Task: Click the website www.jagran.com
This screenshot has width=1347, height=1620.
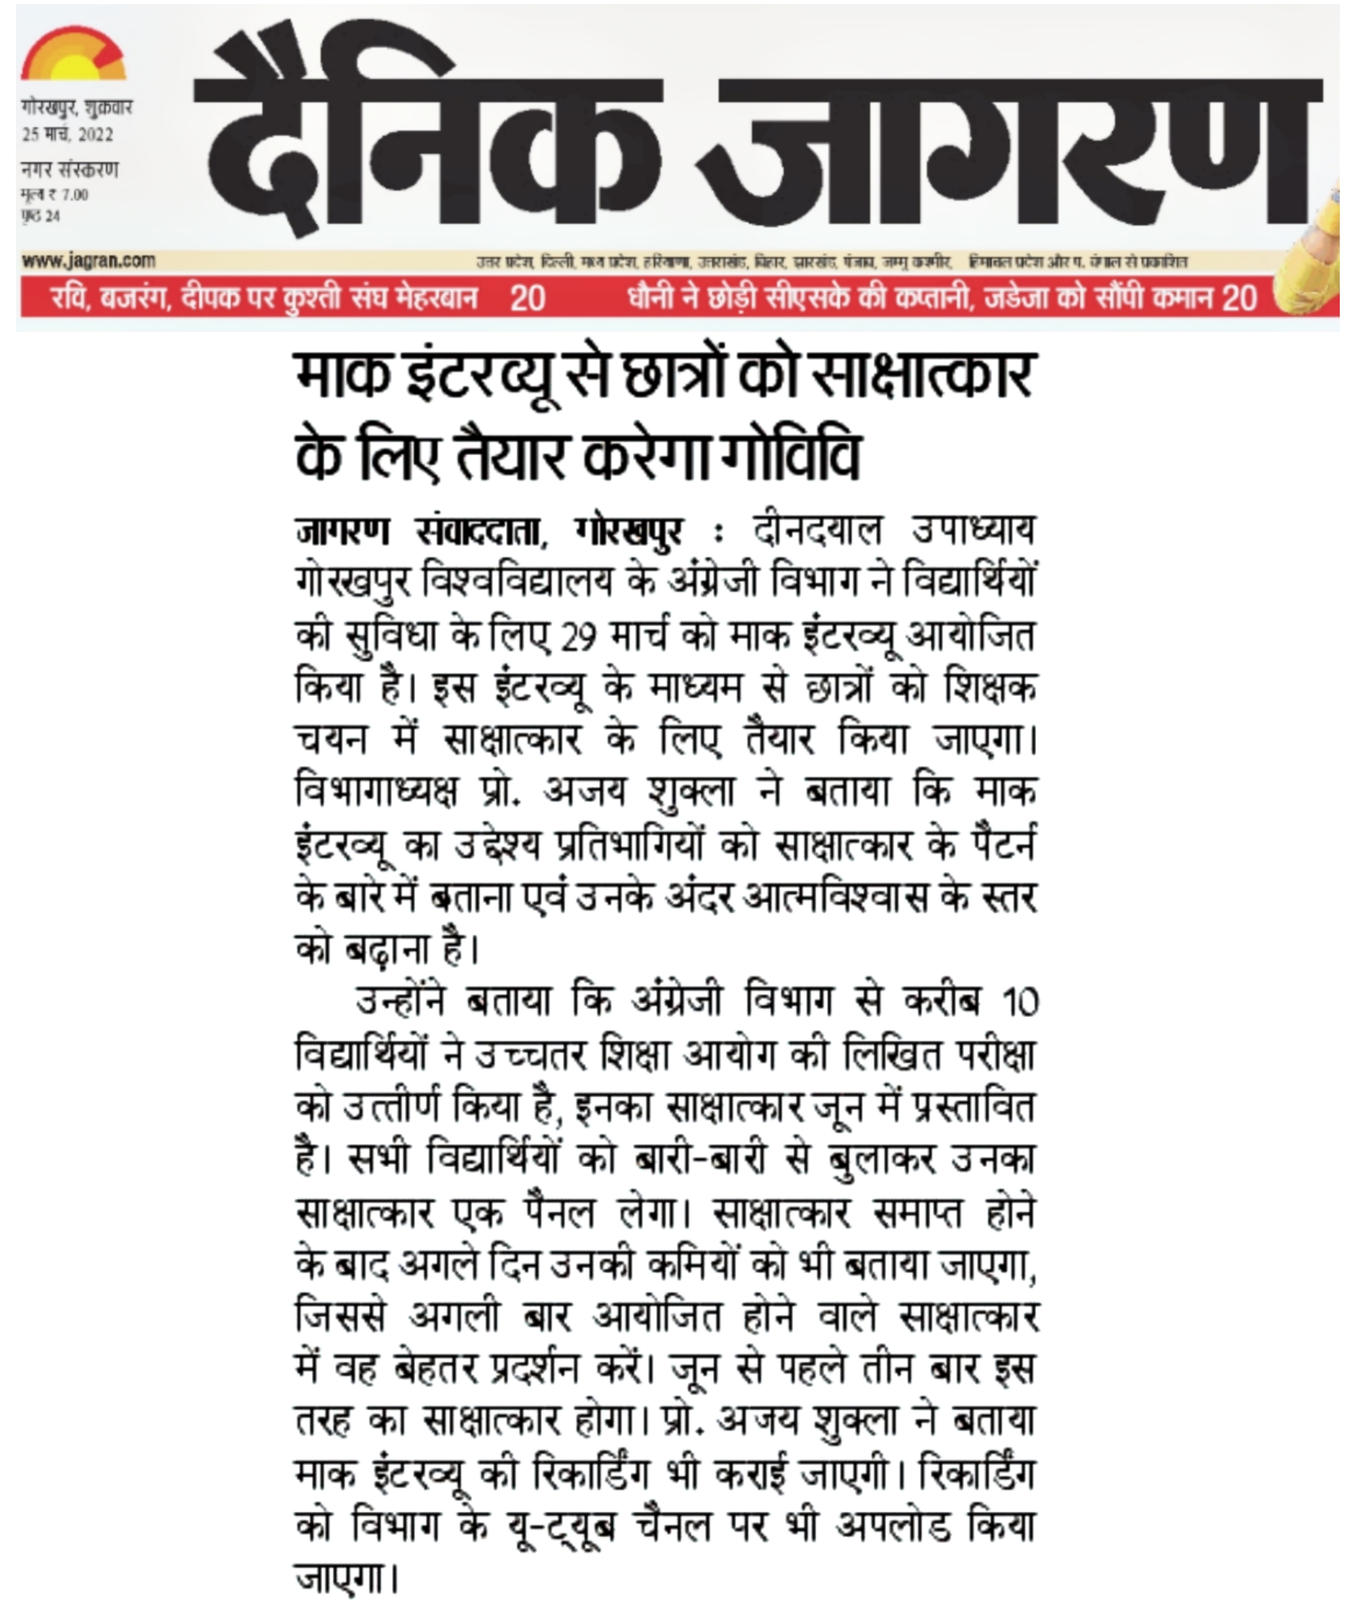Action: (89, 260)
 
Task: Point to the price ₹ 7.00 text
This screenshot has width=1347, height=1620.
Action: (55, 194)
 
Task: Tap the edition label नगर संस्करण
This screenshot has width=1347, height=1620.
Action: (69, 170)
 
